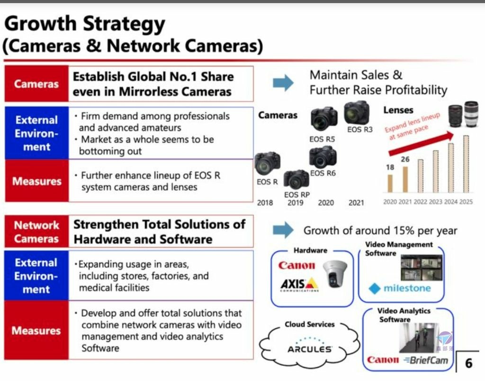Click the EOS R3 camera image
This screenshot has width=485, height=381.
[x=357, y=113]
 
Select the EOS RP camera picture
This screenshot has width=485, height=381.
[x=296, y=179]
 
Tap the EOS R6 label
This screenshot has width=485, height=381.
[x=323, y=173]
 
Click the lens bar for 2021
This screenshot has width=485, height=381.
[x=405, y=179]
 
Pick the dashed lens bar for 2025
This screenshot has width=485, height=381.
[x=466, y=164]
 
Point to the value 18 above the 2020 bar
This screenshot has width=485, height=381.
[x=390, y=167]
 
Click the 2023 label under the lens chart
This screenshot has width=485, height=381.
[x=436, y=202]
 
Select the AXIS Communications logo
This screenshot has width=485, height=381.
[x=299, y=285]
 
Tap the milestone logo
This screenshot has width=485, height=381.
[x=400, y=288]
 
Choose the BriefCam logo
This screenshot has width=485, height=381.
[x=426, y=360]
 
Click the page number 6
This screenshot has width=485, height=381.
[x=468, y=363]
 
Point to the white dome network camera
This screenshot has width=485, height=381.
[x=335, y=273]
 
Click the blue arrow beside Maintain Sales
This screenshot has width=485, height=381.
[x=283, y=83]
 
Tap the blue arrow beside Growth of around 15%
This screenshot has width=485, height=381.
[x=283, y=230]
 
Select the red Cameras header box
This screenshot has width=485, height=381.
[x=36, y=84]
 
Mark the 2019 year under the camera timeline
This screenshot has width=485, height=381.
[x=296, y=203]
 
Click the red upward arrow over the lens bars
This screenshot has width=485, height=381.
[x=421, y=143]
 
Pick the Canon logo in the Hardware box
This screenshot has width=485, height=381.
[x=296, y=265]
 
